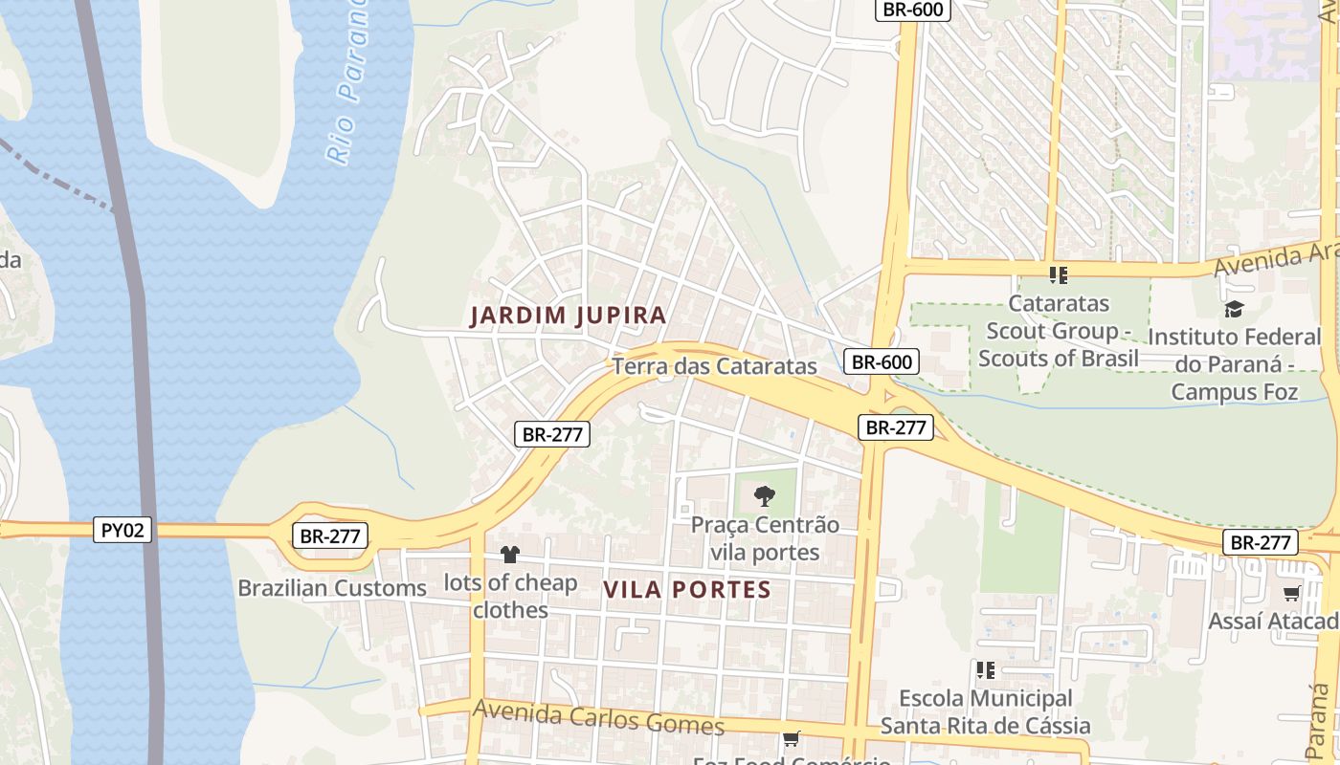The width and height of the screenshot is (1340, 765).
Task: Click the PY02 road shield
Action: tap(123, 530)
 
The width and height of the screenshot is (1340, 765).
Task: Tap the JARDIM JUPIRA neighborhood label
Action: tap(569, 316)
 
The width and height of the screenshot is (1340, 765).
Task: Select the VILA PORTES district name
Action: tap(687, 590)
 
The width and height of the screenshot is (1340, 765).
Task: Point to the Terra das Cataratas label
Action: tap(714, 366)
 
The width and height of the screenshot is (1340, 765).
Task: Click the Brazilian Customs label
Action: tap(332, 588)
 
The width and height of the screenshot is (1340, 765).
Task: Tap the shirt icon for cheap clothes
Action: tap(509, 555)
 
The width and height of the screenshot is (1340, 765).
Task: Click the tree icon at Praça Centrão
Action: tap(764, 496)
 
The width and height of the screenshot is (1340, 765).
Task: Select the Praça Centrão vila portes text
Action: tap(765, 538)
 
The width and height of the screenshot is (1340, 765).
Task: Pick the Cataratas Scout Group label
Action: tap(1059, 331)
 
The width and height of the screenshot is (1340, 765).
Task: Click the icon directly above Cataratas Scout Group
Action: tap(1058, 275)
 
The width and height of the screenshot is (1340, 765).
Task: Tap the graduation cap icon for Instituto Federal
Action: tap(1234, 309)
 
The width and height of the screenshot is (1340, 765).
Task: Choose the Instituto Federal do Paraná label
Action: tap(1234, 364)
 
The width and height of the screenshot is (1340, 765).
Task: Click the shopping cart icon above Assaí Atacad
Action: tap(1291, 594)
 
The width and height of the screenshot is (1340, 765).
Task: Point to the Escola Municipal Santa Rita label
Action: tap(985, 712)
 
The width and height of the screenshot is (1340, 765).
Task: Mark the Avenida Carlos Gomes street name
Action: tap(598, 716)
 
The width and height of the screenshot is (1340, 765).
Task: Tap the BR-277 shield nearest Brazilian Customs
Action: tap(330, 536)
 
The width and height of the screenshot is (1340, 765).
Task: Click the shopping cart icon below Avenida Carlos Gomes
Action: tap(791, 738)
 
